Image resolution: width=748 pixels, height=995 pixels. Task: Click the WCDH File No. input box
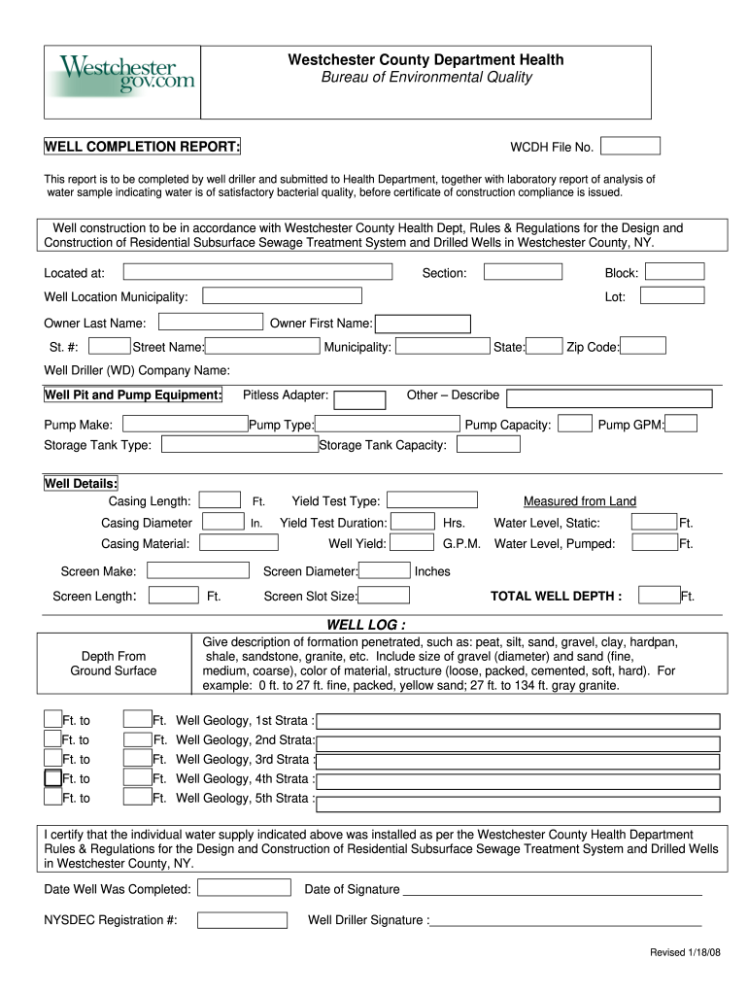(x=629, y=146)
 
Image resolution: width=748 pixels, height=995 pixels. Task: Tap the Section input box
(x=523, y=273)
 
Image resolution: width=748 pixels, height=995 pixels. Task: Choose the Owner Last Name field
(x=211, y=322)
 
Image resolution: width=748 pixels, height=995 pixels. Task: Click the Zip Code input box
(x=644, y=346)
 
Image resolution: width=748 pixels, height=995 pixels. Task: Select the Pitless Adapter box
(x=359, y=399)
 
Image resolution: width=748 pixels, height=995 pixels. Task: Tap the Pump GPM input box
(x=681, y=424)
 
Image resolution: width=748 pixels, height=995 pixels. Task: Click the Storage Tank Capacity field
(x=489, y=444)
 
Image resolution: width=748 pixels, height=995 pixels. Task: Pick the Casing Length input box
(x=221, y=500)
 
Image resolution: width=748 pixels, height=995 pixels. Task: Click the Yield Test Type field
(x=432, y=500)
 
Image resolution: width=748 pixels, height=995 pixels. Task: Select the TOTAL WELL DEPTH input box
(x=658, y=596)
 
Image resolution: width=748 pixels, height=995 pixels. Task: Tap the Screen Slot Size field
(x=384, y=596)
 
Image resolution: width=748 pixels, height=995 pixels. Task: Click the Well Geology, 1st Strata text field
(x=519, y=722)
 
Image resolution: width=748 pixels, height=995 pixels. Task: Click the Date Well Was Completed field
(x=244, y=888)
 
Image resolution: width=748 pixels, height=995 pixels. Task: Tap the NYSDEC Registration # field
(x=242, y=920)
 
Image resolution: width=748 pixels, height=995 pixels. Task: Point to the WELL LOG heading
(x=366, y=624)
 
